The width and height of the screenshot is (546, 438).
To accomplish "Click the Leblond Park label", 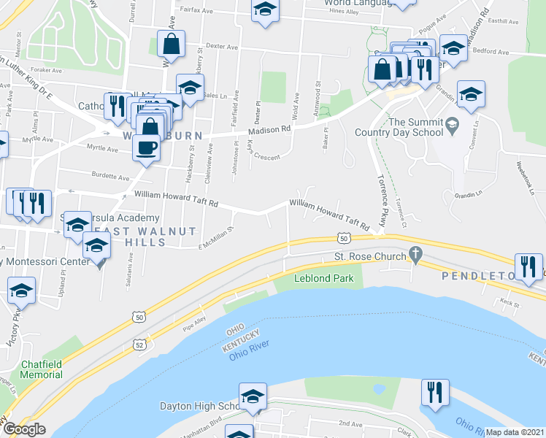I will (323, 278).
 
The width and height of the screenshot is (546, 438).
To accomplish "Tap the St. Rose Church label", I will (369, 256).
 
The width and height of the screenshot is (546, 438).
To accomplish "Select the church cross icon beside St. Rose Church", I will (416, 255).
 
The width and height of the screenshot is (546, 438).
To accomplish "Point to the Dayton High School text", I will (201, 406).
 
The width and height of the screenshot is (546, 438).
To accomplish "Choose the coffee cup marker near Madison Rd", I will (146, 147).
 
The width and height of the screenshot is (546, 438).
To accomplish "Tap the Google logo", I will (24, 429).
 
